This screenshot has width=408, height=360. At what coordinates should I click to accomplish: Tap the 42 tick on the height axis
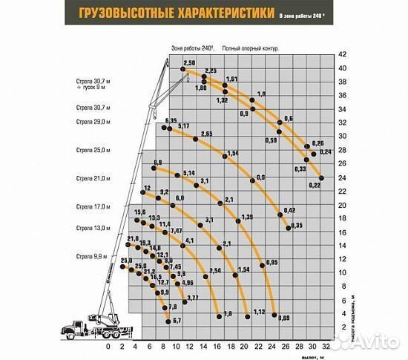(343, 54)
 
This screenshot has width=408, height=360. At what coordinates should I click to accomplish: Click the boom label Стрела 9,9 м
(92, 255)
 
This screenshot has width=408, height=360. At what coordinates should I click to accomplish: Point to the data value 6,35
(173, 120)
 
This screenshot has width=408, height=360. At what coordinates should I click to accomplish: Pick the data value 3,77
(192, 298)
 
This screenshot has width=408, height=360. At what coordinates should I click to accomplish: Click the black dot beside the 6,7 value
(169, 321)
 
